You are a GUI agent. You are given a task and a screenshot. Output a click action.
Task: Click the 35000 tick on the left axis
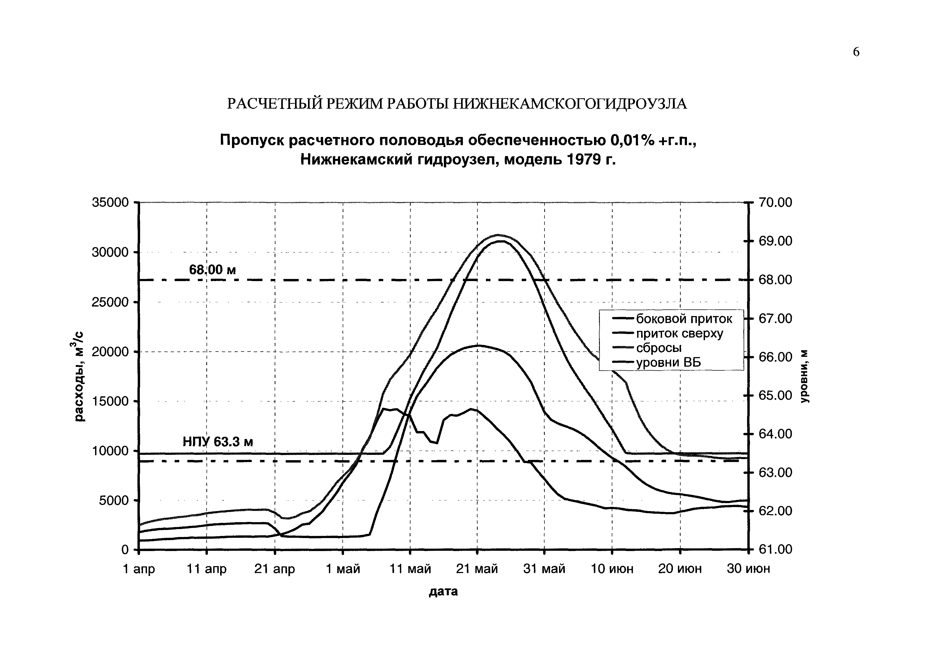pos(110,202)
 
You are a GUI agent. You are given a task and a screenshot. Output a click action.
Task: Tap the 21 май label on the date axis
pos(477,569)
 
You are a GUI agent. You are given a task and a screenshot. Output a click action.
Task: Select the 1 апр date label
pos(139,569)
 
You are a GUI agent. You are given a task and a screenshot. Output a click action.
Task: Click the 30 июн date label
pos(748,569)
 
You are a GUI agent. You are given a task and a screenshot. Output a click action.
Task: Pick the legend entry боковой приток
pos(684,319)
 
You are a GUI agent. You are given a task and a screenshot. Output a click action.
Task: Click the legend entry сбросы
pos(659,348)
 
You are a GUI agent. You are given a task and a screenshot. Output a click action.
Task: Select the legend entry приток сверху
pos(679,334)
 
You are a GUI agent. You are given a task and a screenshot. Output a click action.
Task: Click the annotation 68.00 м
pos(212,270)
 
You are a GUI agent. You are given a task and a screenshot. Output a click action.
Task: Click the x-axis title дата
pos(443,591)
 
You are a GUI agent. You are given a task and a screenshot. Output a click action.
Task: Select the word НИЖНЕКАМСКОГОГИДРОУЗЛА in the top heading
pos(569,104)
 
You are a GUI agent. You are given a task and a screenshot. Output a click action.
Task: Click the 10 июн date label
pos(612,569)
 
